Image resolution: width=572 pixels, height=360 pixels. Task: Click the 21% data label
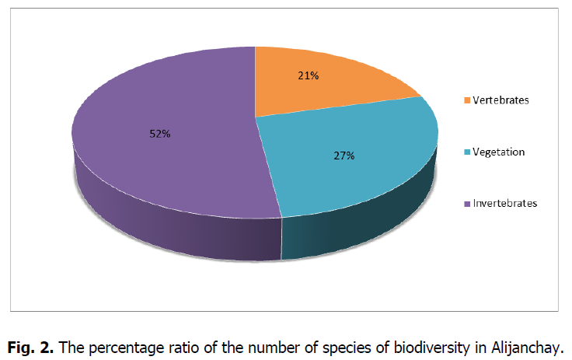click(308, 75)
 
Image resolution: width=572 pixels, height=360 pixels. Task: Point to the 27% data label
click(344, 156)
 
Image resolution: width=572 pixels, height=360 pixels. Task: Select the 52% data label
click(160, 133)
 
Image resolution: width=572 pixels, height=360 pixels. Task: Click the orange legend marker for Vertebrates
click(466, 100)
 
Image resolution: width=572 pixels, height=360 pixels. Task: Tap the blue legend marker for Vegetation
click(466, 152)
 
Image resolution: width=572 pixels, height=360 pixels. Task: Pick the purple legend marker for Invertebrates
click(466, 204)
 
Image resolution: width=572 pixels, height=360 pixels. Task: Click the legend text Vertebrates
click(501, 100)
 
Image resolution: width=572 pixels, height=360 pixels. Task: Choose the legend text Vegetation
click(498, 152)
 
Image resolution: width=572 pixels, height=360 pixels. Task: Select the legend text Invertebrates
click(504, 204)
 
